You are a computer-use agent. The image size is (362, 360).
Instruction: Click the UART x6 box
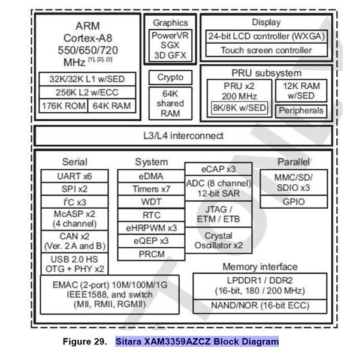tap(75, 176)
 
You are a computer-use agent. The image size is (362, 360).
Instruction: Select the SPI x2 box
tap(75, 189)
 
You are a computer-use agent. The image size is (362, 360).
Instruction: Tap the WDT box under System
tap(151, 202)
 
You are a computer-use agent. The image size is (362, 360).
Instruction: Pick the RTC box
tap(151, 215)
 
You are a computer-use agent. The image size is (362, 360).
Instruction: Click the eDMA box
tap(151, 176)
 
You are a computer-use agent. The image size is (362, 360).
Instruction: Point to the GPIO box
tap(293, 201)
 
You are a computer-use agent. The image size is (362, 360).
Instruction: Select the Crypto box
tap(170, 78)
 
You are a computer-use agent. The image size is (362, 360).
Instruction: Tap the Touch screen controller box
tap(266, 50)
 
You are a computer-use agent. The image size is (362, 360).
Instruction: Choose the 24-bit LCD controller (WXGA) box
tap(266, 36)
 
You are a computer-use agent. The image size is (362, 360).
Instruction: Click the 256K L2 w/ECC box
tap(87, 92)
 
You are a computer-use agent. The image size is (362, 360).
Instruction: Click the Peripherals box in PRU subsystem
tap(300, 110)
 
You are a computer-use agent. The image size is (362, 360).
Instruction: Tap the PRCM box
tap(151, 254)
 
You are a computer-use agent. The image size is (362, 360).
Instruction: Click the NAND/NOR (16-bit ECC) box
tap(260, 305)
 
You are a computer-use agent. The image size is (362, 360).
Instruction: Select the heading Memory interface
tap(260, 267)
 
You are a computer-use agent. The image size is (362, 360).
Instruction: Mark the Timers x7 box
tap(151, 189)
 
